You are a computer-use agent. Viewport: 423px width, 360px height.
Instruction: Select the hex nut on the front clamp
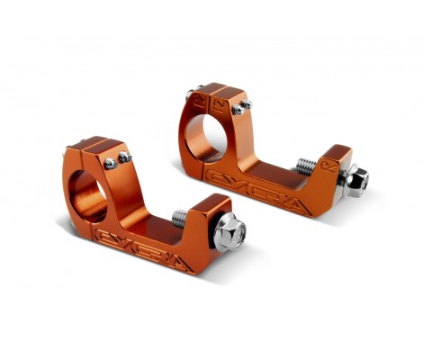pos(230,235)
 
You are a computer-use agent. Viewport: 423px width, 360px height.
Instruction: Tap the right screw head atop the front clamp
pos(123,157)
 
